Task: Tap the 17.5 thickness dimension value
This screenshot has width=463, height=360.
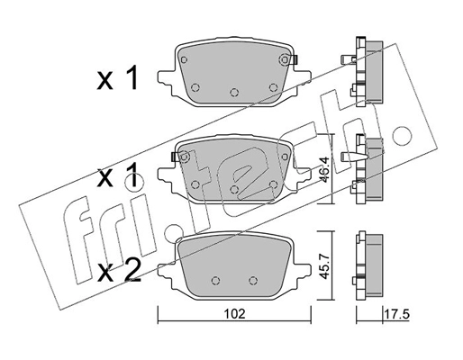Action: tap(388, 315)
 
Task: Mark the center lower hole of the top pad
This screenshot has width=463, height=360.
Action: tap(233, 92)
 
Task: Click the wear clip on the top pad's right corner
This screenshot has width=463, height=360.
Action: tap(287, 60)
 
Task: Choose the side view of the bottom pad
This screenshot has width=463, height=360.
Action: tap(368, 265)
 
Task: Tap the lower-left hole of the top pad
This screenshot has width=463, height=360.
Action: tap(195, 86)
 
